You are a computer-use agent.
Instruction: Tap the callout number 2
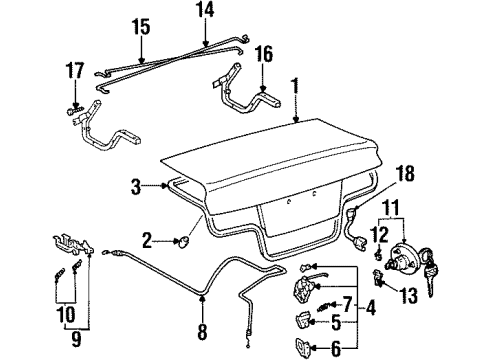click(146, 240)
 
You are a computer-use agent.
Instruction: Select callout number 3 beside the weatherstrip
click(133, 185)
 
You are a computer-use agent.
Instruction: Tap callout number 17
click(73, 71)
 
